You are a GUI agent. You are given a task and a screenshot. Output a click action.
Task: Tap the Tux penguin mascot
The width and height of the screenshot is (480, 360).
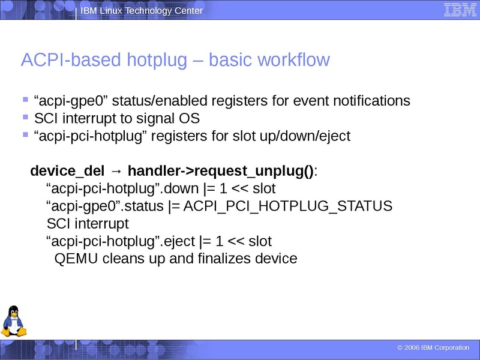[13, 322]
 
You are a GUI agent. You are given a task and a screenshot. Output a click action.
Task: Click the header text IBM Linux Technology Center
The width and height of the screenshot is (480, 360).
[142, 11]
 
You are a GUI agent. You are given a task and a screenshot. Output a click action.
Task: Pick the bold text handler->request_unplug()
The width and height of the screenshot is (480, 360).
[221, 171]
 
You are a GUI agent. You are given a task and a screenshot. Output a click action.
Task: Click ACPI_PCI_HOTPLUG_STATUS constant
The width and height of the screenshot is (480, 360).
[288, 206]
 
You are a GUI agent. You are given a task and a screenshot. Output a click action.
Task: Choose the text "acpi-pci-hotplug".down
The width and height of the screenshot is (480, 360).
[122, 188]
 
